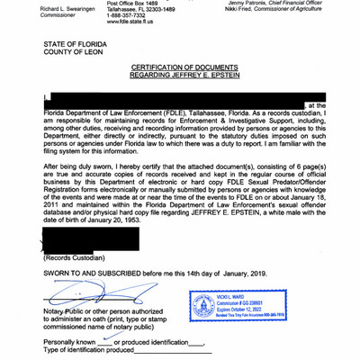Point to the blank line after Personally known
pos(106,342)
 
